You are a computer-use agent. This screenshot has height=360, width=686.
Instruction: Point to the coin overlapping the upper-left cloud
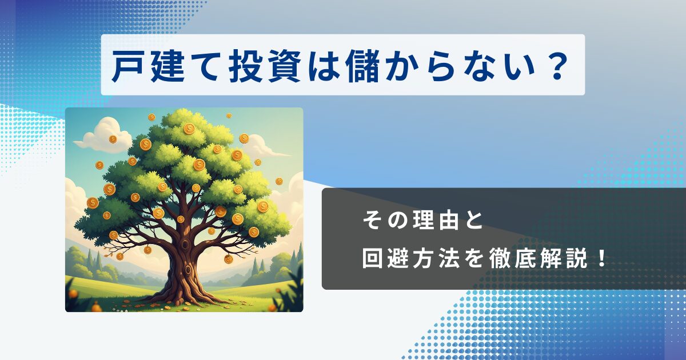113,139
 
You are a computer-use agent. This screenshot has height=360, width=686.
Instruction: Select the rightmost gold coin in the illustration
279,181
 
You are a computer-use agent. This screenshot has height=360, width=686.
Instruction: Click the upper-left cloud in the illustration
102,135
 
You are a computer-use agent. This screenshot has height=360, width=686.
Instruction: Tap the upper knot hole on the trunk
185,245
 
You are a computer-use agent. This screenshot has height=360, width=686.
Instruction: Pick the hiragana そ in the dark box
372,221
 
